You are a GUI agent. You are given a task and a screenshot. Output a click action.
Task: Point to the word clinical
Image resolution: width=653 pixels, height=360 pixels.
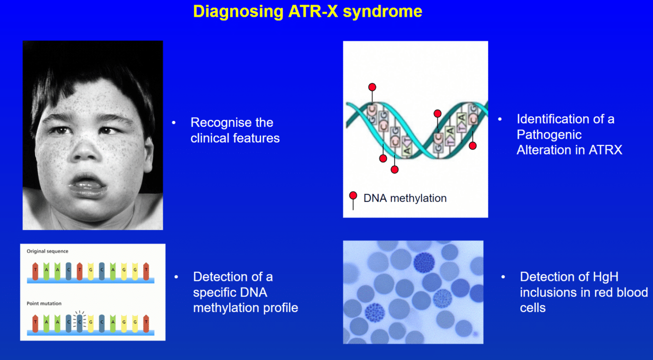point(212,138)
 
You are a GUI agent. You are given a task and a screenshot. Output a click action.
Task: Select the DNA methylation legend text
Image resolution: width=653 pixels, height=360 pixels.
point(405,198)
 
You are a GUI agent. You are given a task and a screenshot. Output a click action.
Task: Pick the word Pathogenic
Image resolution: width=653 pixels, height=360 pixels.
point(549,135)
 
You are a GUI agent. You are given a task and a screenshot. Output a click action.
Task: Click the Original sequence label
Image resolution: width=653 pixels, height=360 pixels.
point(47,251)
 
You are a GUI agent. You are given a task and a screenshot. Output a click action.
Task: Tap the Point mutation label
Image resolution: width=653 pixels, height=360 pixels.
point(44,303)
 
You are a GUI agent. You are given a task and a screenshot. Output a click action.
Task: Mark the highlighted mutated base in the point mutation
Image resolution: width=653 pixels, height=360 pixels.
point(79,322)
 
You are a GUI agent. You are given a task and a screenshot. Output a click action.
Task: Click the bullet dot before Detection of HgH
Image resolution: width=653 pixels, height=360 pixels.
point(503,277)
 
